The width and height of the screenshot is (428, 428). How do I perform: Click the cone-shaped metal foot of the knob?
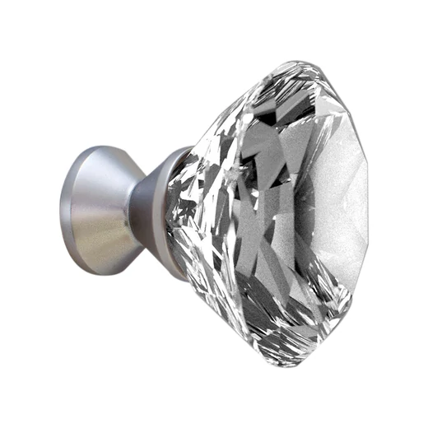coord(99,206)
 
